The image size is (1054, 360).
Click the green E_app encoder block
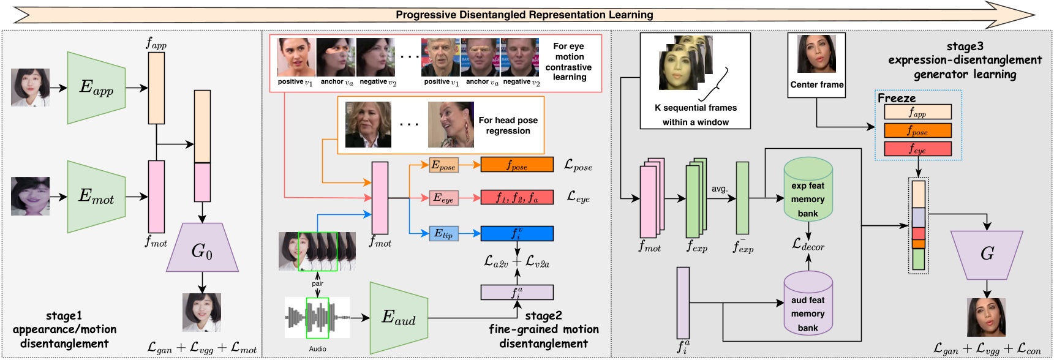96,88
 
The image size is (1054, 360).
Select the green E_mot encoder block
96,197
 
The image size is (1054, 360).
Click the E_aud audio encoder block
399,318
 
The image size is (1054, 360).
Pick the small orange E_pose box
443,165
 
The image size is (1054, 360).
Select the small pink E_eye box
443,198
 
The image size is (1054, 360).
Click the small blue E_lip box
443,233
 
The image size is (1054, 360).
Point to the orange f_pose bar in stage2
517,165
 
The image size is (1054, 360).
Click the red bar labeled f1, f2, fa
517,197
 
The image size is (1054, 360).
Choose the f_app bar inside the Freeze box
917,111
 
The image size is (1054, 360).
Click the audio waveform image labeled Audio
317,318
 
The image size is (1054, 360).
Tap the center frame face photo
816,54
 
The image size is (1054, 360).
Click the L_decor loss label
808,245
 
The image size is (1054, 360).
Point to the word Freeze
897,98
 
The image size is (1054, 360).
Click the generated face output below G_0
201,312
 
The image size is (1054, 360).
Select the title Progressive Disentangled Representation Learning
524,15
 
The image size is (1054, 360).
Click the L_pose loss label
578,165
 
